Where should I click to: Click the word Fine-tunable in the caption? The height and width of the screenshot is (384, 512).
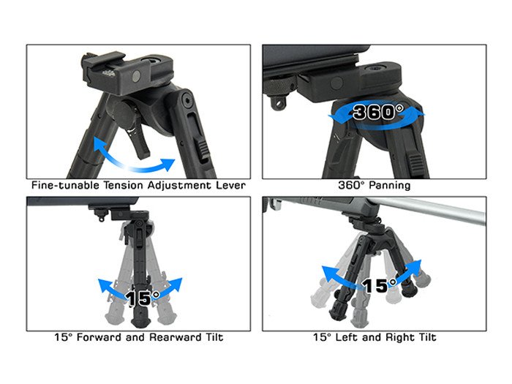click(x=65, y=186)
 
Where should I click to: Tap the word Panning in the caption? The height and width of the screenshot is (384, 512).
click(x=390, y=186)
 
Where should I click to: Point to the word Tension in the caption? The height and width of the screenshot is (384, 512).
click(x=124, y=186)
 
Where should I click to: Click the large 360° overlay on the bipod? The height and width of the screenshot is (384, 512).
click(x=378, y=112)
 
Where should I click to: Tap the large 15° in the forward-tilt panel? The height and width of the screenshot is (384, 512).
click(x=143, y=298)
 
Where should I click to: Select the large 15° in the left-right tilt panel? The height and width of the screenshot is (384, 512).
click(x=380, y=285)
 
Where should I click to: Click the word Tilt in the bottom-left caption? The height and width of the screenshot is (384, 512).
click(x=214, y=337)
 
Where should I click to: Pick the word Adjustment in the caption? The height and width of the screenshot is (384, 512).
click(x=180, y=186)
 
